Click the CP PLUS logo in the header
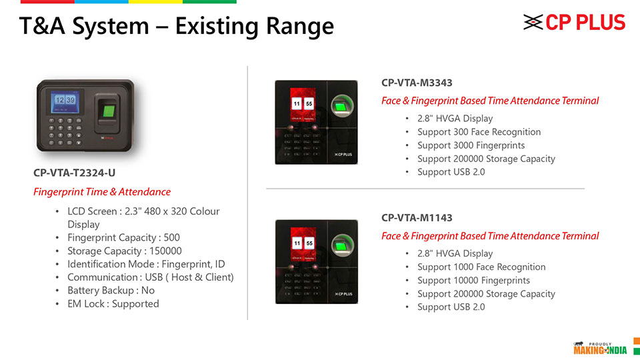tap(574, 23)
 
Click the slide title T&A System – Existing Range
tap(176, 26)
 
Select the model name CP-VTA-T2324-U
tap(74, 173)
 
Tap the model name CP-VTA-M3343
tap(417, 83)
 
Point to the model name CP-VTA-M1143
tap(417, 218)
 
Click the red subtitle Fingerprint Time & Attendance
tap(102, 192)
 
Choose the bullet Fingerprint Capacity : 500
tap(124, 237)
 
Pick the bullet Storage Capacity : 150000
tap(125, 251)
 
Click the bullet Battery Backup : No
tap(111, 291)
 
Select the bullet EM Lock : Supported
tap(113, 304)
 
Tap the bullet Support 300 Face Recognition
tap(479, 132)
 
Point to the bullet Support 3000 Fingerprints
tap(471, 145)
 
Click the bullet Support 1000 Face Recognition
tap(481, 267)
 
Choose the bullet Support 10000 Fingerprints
tap(473, 281)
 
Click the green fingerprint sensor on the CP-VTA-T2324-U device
tap(109, 111)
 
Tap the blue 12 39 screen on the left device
tap(65, 101)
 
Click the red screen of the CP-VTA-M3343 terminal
tap(303, 105)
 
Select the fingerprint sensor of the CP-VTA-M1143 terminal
tap(341, 246)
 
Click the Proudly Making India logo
tap(600, 348)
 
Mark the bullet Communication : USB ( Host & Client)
tap(151, 277)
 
